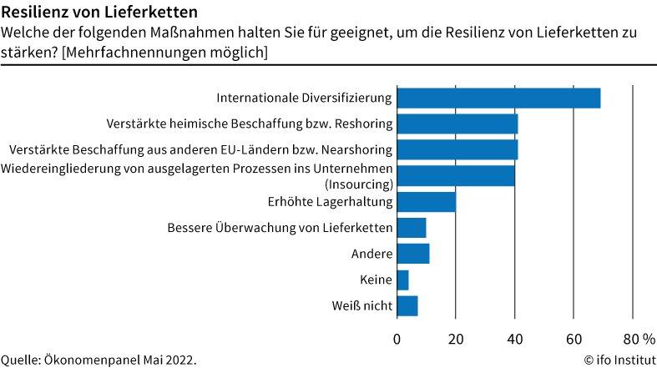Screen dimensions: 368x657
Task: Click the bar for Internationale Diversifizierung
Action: tap(498, 98)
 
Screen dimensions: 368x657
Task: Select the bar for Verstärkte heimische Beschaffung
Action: tap(457, 124)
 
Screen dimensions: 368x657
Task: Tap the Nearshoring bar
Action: tap(457, 149)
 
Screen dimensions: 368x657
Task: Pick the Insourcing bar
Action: tap(456, 175)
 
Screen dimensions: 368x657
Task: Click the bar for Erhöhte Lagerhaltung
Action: tap(426, 201)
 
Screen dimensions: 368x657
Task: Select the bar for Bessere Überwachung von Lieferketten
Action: tap(411, 227)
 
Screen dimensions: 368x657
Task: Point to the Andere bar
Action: tap(412, 253)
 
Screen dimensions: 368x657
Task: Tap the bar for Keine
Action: tap(402, 280)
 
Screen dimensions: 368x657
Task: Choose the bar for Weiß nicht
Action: tap(407, 305)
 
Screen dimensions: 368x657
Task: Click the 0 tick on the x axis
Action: tap(397, 338)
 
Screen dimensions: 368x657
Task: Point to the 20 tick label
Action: tap(456, 338)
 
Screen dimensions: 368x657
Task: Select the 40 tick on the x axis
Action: tap(515, 338)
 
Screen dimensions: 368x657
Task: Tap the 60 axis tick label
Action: tap(574, 338)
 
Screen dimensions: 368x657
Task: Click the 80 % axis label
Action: tap(639, 338)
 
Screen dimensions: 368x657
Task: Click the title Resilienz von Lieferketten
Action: tap(99, 13)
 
